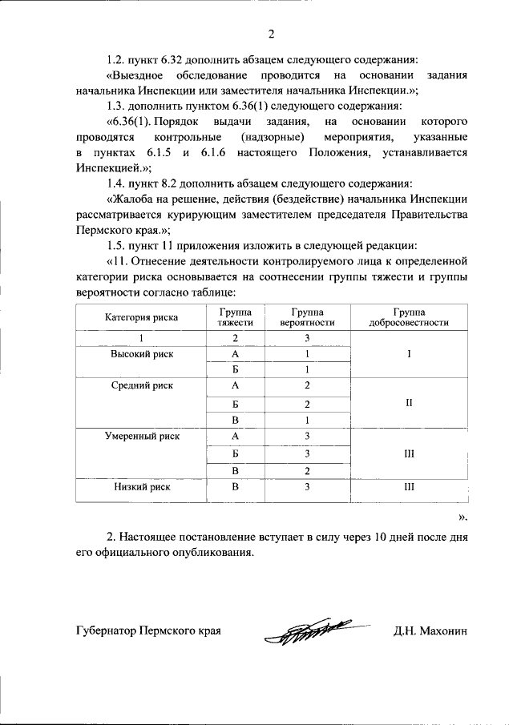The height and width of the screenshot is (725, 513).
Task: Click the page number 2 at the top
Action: coord(271,34)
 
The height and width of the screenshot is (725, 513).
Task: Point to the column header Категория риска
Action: coord(141,317)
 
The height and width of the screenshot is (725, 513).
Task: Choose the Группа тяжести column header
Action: coord(235,317)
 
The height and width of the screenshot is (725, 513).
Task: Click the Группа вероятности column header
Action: coord(307,317)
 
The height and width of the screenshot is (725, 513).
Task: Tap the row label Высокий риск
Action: coord(141,353)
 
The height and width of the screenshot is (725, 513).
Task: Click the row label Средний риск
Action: coord(141,385)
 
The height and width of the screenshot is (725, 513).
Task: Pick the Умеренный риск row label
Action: coord(141,437)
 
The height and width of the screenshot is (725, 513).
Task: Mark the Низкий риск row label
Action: coord(141,486)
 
